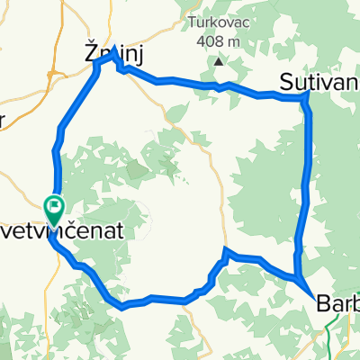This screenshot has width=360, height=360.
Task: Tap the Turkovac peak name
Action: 220,22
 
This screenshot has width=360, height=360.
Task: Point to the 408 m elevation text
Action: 220,40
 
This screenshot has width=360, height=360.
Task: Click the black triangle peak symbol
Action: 220,62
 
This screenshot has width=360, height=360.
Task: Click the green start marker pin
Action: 54,211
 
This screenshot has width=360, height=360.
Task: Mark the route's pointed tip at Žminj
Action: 114,47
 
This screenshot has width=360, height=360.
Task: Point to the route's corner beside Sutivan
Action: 308,95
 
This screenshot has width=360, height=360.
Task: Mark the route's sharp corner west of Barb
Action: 225,251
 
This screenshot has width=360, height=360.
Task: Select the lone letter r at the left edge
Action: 4,122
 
